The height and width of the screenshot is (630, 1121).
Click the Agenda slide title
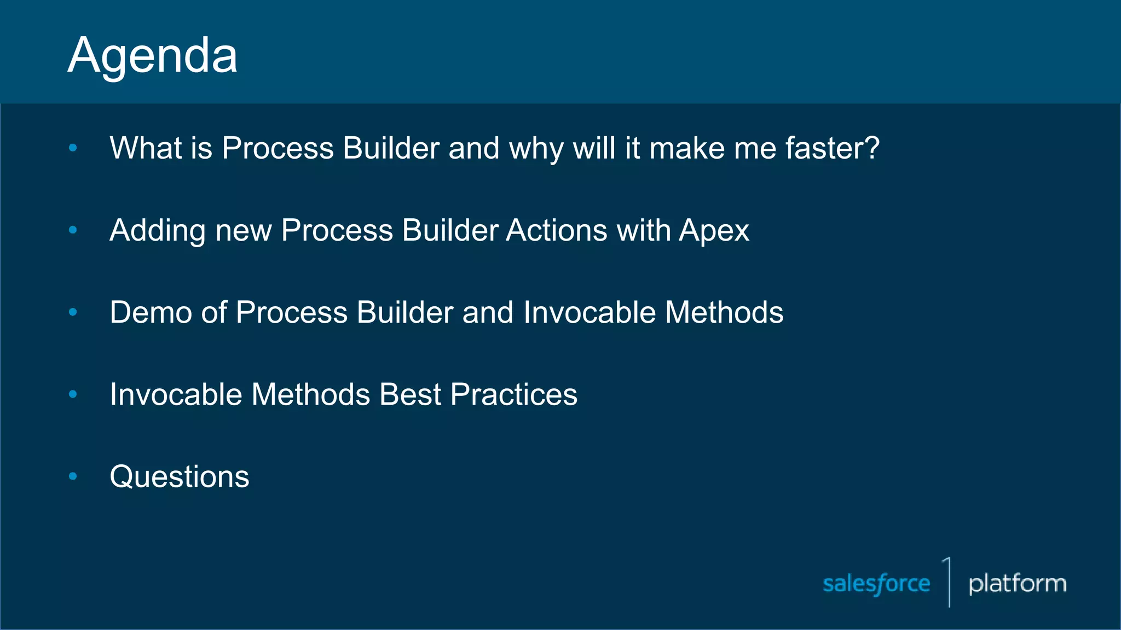[x=153, y=56]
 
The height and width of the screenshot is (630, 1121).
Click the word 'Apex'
[x=714, y=231]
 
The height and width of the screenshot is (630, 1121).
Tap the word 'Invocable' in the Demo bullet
[x=590, y=312]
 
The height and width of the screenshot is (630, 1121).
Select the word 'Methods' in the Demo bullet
[x=724, y=312]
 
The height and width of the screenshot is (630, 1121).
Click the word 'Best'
[x=410, y=394]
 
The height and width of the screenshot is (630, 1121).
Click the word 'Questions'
[x=180, y=477]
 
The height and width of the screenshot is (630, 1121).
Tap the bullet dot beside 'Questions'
[x=73, y=476]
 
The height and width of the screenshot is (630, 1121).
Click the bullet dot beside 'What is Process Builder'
[x=73, y=148]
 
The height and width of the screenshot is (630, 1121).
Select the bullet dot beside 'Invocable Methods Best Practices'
[x=73, y=394]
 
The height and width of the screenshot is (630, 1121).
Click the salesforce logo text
[x=876, y=584]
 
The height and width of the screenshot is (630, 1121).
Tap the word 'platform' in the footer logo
[x=1017, y=584]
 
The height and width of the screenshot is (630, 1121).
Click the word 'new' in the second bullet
[x=244, y=231]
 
